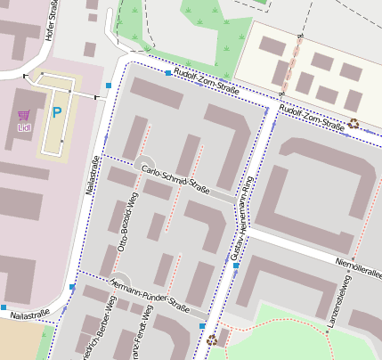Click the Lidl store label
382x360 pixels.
coord(24,127)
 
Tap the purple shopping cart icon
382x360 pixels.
coord(24,115)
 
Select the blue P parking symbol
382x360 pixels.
coord(56,113)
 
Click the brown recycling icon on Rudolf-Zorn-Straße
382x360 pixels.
coord(354,124)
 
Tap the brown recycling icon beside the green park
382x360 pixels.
coord(211,340)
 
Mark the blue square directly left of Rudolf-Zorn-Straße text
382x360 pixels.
coord(167,73)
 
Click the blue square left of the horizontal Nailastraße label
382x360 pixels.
coord(4,307)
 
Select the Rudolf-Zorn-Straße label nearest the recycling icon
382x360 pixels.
coord(312,118)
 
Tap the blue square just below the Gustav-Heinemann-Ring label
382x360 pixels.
coord(235,266)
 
